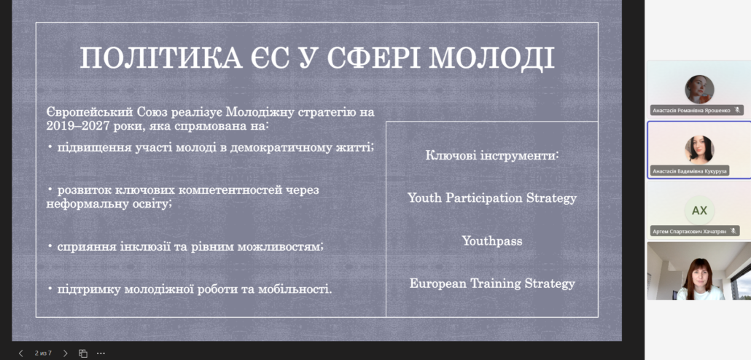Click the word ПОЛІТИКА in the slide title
pyautogui.click(x=161, y=58)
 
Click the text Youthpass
pyautogui.click(x=492, y=240)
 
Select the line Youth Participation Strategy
pyautogui.click(x=492, y=197)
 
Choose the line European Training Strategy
pyautogui.click(x=492, y=283)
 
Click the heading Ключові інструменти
pyautogui.click(x=492, y=155)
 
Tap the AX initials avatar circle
pyautogui.click(x=699, y=211)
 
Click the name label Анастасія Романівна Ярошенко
pyautogui.click(x=691, y=111)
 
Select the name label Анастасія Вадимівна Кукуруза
pyautogui.click(x=690, y=171)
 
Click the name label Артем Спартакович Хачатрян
pyautogui.click(x=689, y=231)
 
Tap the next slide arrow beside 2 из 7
pyautogui.click(x=66, y=353)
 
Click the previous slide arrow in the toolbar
pyautogui.click(x=20, y=353)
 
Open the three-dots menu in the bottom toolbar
pyautogui.click(x=101, y=353)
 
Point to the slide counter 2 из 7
pyautogui.click(x=43, y=353)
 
